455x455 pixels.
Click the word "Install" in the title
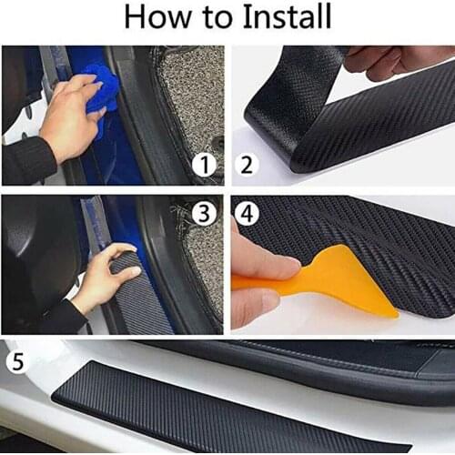point(283,16)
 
